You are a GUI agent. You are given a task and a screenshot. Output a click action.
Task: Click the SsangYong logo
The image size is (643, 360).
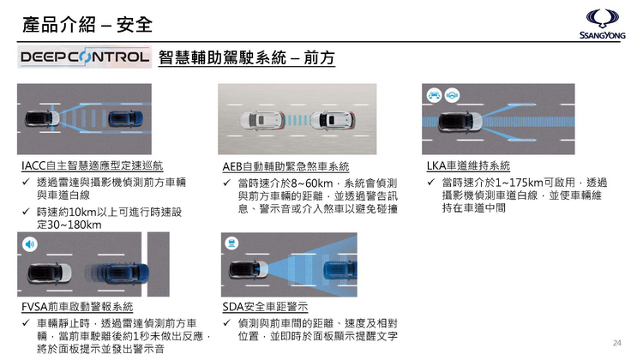click(602, 24)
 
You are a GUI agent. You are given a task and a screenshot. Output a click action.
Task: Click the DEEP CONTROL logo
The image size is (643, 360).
click(85, 57)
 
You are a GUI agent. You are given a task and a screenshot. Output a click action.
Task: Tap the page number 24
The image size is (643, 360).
click(616, 343)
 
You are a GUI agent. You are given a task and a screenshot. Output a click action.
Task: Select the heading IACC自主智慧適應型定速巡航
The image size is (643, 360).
click(93, 165)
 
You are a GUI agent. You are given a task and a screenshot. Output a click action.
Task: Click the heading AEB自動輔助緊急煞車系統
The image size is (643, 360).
click(285, 166)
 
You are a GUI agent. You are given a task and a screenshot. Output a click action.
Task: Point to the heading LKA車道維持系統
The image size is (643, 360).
click(468, 165)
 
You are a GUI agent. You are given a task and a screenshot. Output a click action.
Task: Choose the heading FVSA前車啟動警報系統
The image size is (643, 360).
click(77, 307)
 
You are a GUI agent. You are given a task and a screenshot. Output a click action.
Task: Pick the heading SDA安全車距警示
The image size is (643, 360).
click(265, 307)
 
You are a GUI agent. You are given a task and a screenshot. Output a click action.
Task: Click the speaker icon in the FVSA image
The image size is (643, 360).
click(29, 244)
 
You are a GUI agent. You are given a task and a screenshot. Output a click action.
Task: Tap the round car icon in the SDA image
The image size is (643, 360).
click(231, 243)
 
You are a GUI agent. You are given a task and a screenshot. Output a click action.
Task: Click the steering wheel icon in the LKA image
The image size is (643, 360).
click(452, 95)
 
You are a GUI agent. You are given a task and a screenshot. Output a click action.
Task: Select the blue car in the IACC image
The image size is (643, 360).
click(125, 118)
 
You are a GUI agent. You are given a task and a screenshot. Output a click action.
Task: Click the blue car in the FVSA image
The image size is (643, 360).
click(127, 273)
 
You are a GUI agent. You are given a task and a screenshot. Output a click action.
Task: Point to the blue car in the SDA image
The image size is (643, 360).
click(340, 269)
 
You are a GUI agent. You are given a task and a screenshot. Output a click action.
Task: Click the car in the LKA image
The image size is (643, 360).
click(460, 122)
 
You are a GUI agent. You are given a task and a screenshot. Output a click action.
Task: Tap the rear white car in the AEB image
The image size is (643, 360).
click(262, 121)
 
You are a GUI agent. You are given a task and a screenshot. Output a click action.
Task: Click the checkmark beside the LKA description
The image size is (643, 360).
click(430, 182)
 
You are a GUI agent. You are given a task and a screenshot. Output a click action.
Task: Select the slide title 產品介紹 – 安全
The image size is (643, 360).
click(87, 25)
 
